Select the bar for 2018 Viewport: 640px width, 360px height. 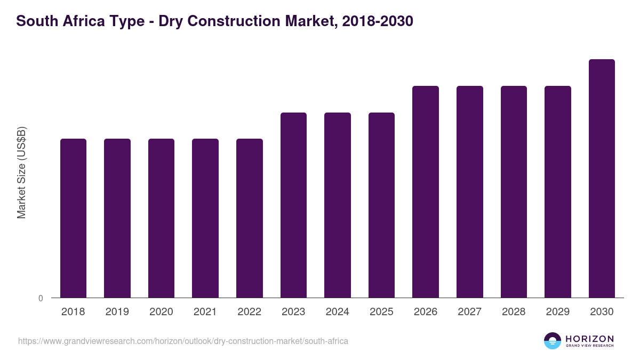73,218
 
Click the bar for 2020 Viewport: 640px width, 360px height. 161,218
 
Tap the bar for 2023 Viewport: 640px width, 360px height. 293,205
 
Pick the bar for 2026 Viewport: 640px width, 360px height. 426,191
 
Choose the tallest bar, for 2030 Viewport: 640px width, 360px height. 602,178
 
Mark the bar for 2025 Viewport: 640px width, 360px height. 381,205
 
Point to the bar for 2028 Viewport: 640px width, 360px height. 514,191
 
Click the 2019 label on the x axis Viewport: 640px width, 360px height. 117,312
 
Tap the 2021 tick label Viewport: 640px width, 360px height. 205,312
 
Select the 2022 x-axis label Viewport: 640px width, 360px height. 250,312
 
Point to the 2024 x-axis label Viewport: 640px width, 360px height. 338,312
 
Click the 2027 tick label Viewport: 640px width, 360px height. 470,312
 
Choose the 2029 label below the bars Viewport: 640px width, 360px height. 558,312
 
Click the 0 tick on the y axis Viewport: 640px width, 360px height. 41,298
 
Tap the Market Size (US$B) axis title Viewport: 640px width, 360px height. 21,172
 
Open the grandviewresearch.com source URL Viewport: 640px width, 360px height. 183,341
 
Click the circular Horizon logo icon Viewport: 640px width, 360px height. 553,341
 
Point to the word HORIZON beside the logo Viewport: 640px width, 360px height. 589,338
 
